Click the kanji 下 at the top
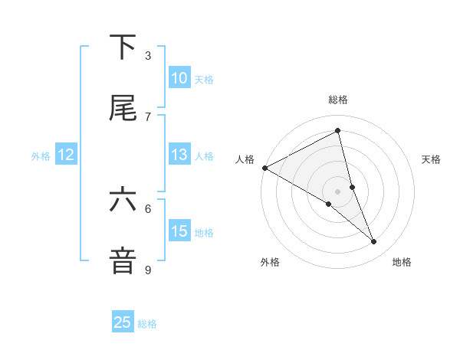pos(123,47)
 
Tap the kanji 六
pos(123,201)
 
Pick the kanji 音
pos(123,260)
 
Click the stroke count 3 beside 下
pos(148,56)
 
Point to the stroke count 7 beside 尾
pos(148,116)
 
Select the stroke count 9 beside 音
pos(148,270)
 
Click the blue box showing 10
pos(179,78)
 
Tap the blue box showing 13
pos(179,155)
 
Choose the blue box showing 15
pos(179,231)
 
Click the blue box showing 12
pos(66,155)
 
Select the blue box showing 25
pos(123,322)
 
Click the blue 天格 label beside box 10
pos(204,79)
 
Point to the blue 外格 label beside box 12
pos(41,155)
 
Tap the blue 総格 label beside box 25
pos(147,323)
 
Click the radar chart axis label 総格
pos(338,100)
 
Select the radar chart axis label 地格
pos(402,262)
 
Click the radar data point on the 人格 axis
pos(264,168)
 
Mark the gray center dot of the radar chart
pos(337,191)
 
